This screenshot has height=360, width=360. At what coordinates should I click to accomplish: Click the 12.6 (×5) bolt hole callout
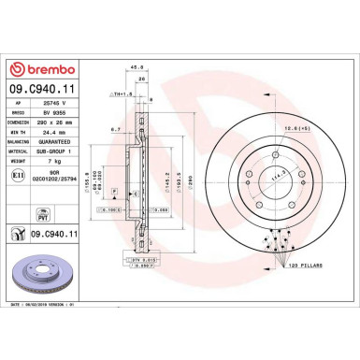(298, 126)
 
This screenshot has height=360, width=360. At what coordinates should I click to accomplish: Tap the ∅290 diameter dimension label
(191, 186)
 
